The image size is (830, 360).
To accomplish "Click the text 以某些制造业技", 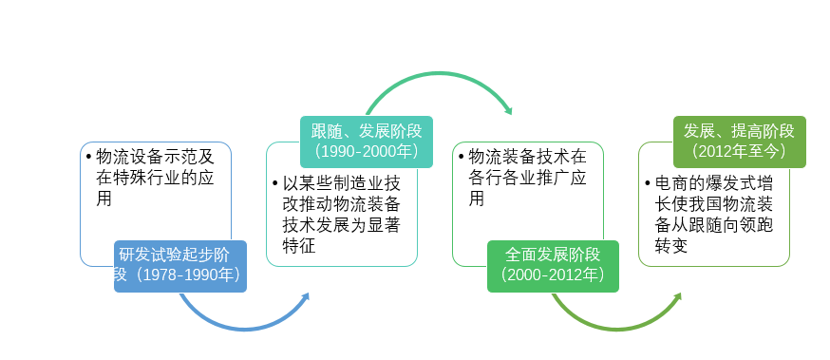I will pyautogui.click(x=342, y=183).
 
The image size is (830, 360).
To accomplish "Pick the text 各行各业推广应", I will pyautogui.click(x=528, y=178).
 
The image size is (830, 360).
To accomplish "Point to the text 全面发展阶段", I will pyautogui.click(x=553, y=256).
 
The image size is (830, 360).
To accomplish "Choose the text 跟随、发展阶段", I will pyautogui.click(x=366, y=130).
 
